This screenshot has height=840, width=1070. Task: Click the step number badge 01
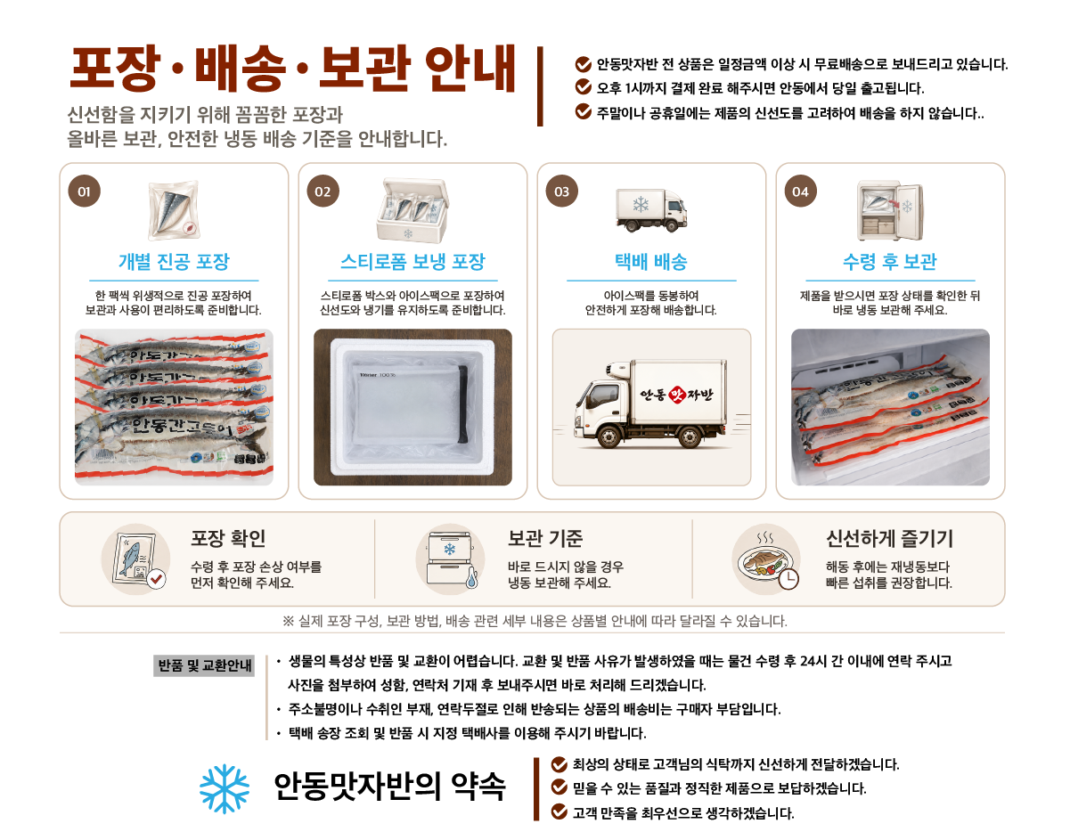[x=85, y=191]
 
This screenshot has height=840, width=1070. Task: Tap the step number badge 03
[x=562, y=191]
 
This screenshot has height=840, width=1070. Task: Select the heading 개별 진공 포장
[x=174, y=261]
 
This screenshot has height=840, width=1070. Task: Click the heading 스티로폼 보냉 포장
[x=412, y=261]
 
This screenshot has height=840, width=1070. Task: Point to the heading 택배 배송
[x=651, y=261]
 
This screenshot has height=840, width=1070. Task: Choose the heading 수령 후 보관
[x=890, y=261]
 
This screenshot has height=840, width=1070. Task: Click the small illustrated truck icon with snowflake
[x=651, y=210]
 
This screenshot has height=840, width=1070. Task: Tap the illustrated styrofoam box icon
[x=412, y=210]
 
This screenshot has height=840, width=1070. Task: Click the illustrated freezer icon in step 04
[x=890, y=210]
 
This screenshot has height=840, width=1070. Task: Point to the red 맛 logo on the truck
[x=678, y=394]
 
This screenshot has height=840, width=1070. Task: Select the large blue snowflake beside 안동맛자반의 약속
[x=225, y=788]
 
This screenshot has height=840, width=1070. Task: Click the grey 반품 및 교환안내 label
[x=204, y=665]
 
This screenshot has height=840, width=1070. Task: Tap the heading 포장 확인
[x=228, y=538]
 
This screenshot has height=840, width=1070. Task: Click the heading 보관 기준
[x=545, y=538]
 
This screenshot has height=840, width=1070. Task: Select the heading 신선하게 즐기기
[x=889, y=538]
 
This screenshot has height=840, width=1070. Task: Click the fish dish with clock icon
[x=766, y=559]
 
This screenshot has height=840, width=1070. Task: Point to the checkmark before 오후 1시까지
[x=583, y=87]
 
